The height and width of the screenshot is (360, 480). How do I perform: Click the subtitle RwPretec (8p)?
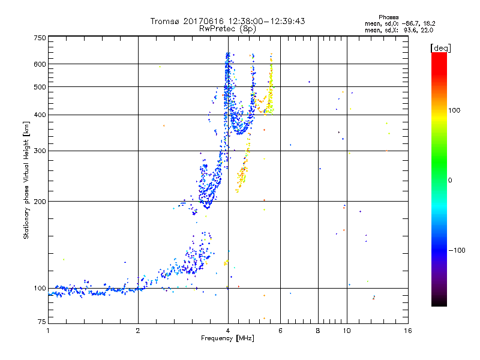(228, 28)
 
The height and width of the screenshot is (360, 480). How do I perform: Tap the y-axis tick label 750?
(40, 38)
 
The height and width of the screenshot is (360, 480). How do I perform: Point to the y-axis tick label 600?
(40, 64)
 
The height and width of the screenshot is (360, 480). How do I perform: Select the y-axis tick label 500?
(40, 87)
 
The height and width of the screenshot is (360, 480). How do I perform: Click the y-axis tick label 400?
(40, 115)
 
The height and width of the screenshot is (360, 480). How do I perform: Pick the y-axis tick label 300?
(40, 151)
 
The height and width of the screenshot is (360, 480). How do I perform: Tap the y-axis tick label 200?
(40, 202)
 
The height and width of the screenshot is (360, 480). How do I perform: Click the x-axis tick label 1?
(48, 331)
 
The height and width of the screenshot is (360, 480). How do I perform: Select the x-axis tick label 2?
(138, 331)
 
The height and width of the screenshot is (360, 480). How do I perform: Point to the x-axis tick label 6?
(280, 331)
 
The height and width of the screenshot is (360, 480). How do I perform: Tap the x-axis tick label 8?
(318, 331)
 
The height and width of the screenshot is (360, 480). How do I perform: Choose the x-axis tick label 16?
(407, 331)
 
